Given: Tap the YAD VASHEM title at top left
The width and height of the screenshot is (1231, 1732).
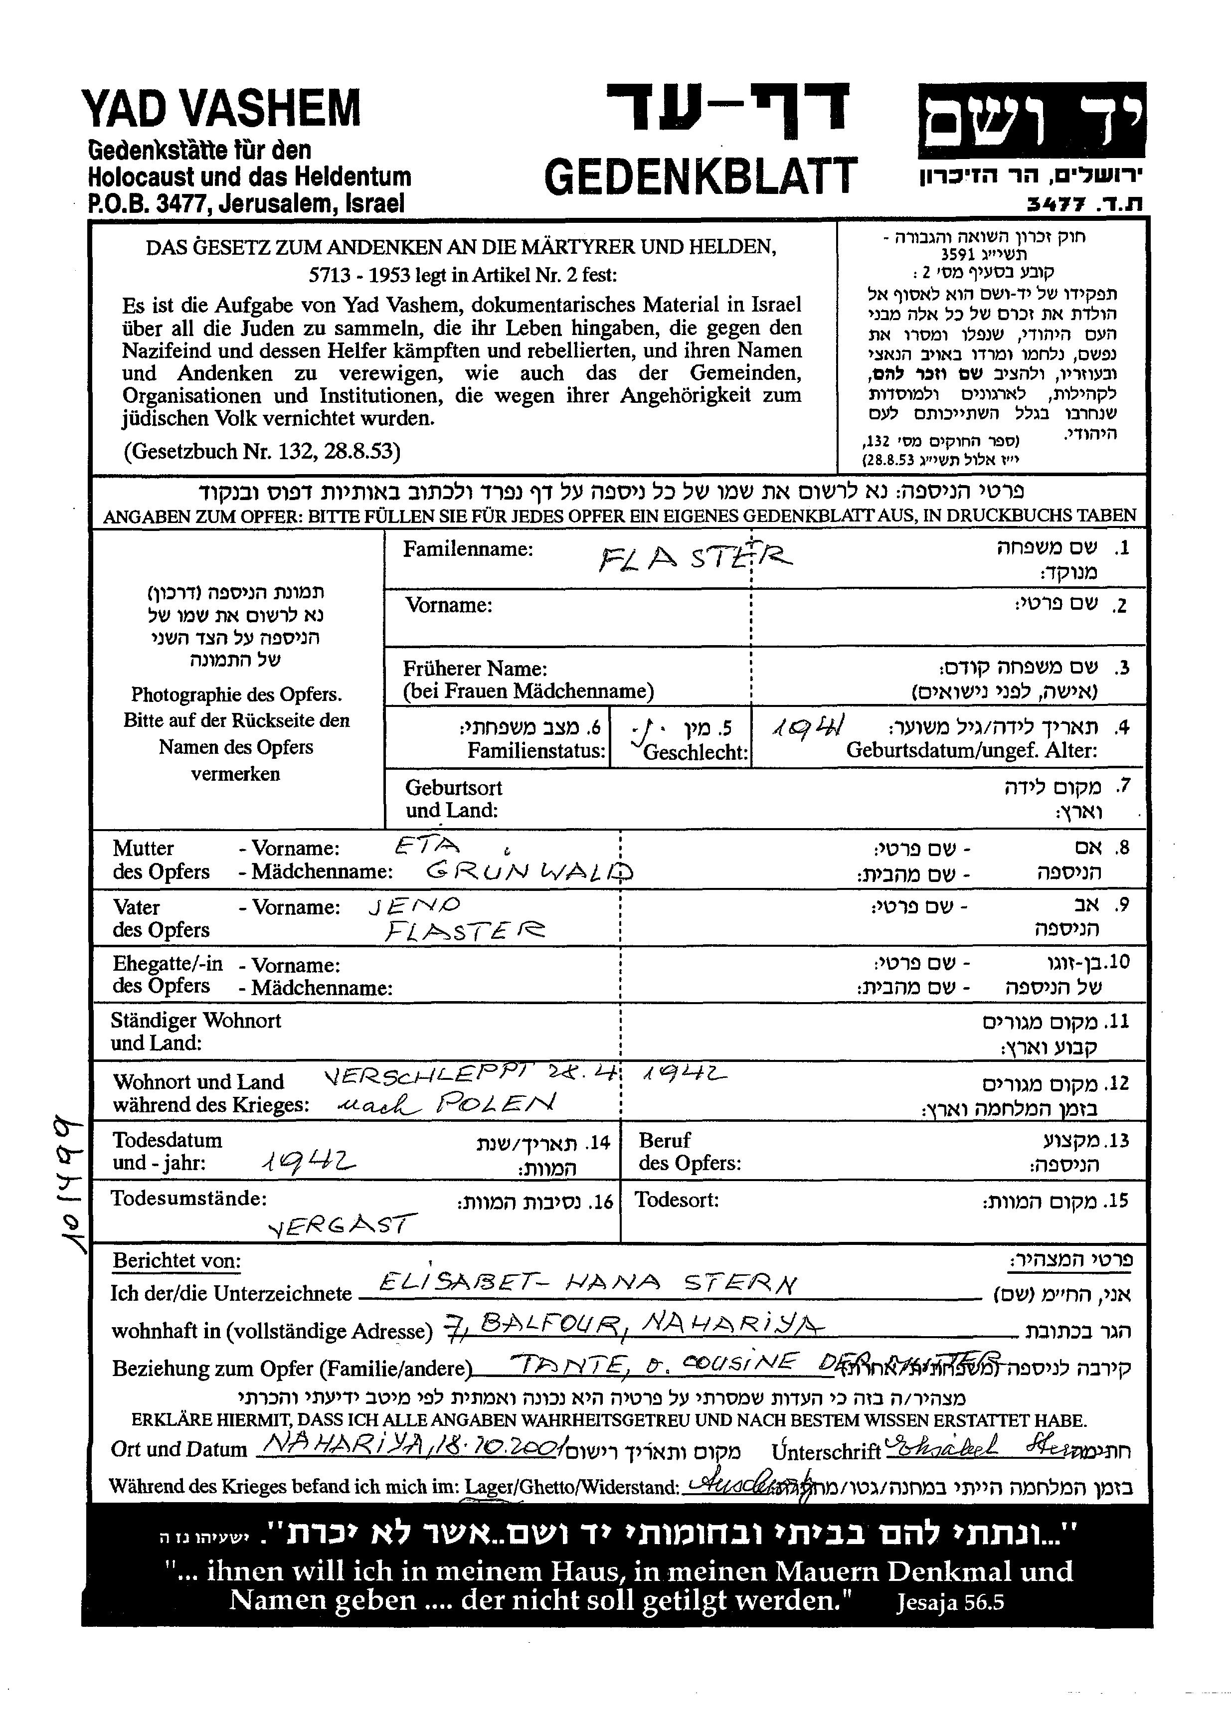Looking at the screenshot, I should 221,108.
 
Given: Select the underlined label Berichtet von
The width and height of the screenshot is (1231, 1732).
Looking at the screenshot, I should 176,1260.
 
